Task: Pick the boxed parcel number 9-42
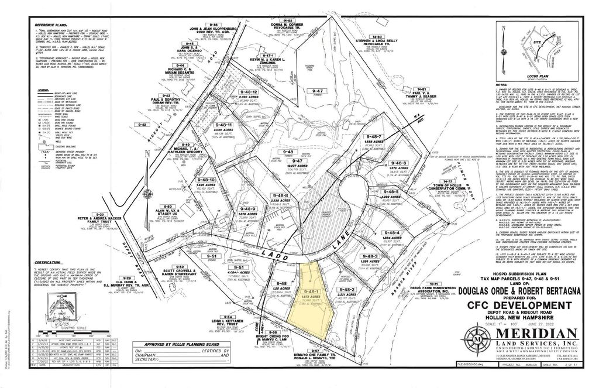click(141, 125)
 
